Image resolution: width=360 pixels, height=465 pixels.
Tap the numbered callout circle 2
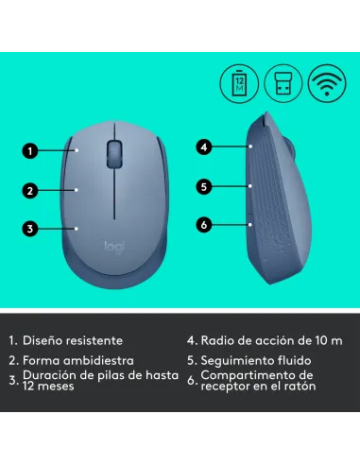pos(30,190)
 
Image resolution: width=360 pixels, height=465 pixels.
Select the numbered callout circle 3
pos(30,228)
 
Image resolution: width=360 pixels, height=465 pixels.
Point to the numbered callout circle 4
pos(202,146)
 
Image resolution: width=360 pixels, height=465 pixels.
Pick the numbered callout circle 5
pos(202,186)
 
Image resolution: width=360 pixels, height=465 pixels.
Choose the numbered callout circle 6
pos(202,224)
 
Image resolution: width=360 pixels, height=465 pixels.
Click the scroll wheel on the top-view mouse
pos(115,151)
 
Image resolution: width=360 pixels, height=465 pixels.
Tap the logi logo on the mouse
pos(113,246)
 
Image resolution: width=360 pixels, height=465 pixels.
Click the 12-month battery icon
pos(237,82)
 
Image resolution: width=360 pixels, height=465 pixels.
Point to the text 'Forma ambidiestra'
pos(78,360)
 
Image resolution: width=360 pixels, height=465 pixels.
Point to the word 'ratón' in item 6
pos(298,387)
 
